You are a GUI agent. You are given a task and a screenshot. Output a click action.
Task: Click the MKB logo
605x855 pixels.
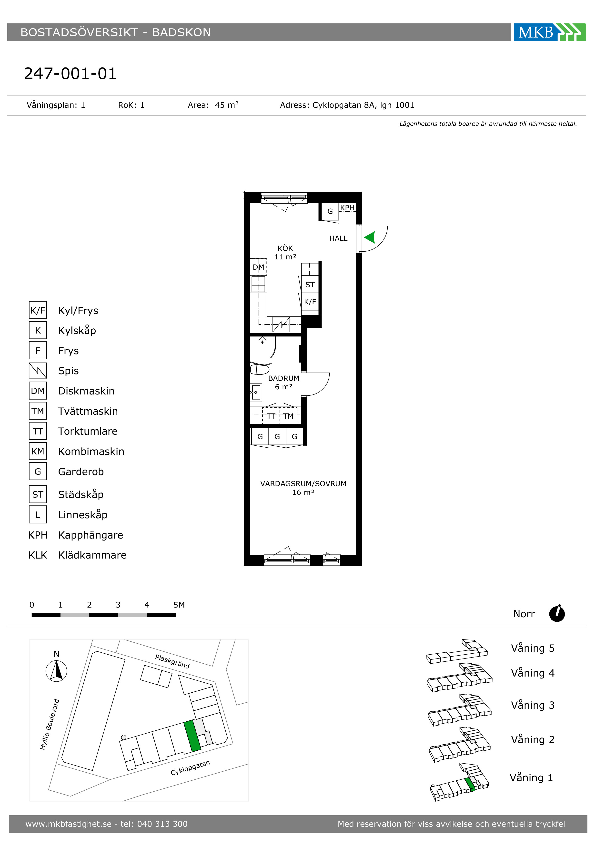[549, 32]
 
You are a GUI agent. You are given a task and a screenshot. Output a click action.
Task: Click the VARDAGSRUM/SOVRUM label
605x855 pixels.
[303, 484]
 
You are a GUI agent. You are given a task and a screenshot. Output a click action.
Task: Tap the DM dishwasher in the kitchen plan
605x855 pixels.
[258, 267]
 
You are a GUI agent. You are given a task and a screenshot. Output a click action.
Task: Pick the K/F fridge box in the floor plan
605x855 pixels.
[310, 302]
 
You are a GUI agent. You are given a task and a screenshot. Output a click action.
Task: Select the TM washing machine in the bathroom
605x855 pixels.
[288, 416]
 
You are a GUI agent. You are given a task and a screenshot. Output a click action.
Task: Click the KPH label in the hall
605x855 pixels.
[347, 208]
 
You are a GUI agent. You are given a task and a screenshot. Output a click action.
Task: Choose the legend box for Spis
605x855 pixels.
[38, 371]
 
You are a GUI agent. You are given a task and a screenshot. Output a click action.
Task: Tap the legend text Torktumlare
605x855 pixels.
[88, 431]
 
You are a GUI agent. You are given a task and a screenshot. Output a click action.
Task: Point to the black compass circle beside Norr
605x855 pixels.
[557, 614]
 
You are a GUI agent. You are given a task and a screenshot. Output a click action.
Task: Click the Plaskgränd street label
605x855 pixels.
[172, 662]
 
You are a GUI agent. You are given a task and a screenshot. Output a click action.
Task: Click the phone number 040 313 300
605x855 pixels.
[162, 824]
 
